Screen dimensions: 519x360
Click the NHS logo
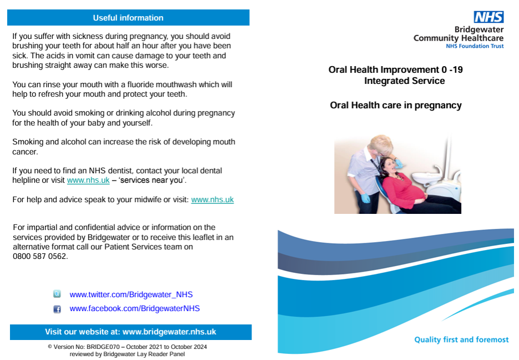[x=488, y=17]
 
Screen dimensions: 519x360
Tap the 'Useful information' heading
[x=128, y=18]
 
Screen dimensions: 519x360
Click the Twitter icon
[x=57, y=294]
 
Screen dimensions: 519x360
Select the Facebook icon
[x=57, y=309]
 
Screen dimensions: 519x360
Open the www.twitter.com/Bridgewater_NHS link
[x=131, y=294]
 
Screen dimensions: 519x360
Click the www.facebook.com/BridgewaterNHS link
[x=135, y=308]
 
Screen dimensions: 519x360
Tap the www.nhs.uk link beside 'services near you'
[x=88, y=180]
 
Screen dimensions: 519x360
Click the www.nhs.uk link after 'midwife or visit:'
[x=213, y=199]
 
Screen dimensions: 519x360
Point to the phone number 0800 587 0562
[x=40, y=256]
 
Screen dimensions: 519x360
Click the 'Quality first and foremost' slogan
[x=461, y=339]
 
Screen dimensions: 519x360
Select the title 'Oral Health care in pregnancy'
[x=396, y=106]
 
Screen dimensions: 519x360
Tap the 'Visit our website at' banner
[x=131, y=332]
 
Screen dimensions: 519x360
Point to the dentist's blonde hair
[x=381, y=142]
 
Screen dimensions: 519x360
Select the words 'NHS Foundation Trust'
[x=475, y=46]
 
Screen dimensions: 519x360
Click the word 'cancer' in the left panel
[x=24, y=152]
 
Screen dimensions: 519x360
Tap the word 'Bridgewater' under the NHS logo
[x=479, y=29]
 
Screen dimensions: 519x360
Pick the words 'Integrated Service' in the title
[x=405, y=81]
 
